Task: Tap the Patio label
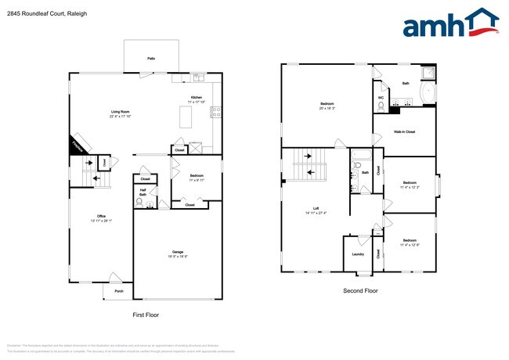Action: [150, 59]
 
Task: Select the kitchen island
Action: [187, 117]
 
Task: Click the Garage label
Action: [178, 251]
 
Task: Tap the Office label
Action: [101, 216]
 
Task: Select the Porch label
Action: [120, 291]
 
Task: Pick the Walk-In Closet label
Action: [404, 131]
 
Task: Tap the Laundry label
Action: [358, 254]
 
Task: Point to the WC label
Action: [381, 98]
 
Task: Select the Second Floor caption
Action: [359, 290]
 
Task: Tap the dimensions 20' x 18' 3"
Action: [327, 109]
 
